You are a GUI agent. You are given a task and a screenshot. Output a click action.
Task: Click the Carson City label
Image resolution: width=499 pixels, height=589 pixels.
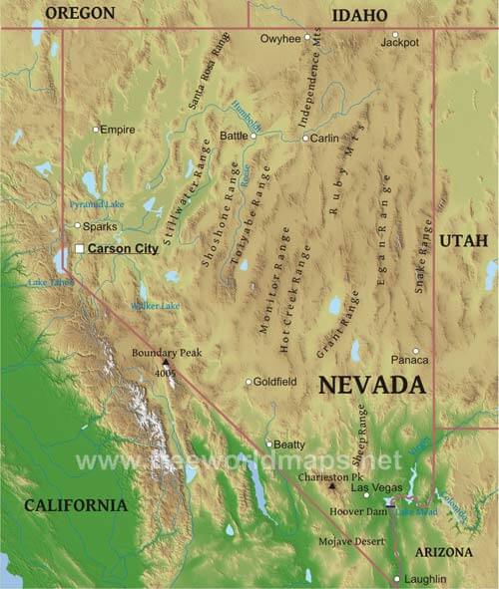[123, 249]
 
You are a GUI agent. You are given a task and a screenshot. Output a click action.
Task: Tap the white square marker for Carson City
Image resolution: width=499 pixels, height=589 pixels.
[79, 249]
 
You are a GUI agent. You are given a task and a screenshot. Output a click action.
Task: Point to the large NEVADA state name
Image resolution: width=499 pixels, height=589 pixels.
[372, 385]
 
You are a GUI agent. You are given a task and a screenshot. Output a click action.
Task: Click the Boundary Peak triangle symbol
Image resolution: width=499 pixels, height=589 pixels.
[166, 363]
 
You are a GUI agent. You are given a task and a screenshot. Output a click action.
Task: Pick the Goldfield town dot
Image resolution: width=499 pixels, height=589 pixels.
[249, 382]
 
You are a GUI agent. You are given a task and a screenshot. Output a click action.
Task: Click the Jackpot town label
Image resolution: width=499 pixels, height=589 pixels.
[400, 44]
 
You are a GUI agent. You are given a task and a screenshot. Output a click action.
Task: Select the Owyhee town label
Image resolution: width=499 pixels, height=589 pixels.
[280, 39]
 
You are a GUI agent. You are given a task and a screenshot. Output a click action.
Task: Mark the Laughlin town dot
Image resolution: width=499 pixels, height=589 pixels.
[396, 579]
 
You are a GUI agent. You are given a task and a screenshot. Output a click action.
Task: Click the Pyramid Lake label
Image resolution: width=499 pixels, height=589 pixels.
[97, 204]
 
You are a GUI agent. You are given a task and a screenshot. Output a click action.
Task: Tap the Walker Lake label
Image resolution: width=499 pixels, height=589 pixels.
[155, 306]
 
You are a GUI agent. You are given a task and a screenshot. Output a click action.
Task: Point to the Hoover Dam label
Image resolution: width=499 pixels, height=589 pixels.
[357, 510]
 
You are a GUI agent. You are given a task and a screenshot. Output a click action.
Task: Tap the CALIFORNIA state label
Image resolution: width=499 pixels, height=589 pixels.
[76, 505]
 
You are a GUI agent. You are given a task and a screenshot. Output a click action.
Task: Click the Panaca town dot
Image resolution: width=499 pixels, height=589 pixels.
[416, 351]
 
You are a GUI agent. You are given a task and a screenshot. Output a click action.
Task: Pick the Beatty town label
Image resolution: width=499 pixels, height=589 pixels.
[288, 444]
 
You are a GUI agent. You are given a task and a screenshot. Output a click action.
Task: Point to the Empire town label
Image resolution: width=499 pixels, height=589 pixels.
[117, 130]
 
